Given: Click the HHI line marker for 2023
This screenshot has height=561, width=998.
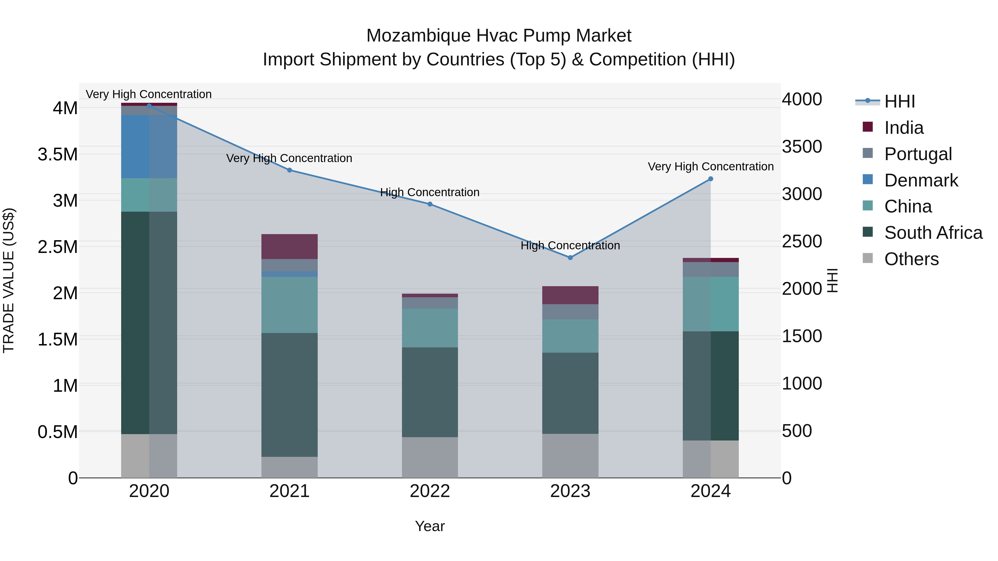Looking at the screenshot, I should pos(570,257).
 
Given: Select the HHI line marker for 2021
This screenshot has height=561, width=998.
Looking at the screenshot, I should pos(289,170).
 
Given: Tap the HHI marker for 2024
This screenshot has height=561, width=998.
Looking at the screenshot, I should pos(711,179).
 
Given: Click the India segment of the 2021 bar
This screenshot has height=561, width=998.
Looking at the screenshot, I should pos(289,246).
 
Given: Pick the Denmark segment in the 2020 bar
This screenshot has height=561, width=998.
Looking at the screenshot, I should pos(149,146).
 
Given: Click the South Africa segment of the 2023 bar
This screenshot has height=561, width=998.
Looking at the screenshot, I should pos(570,393).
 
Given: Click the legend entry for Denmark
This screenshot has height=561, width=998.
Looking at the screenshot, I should pos(921,180).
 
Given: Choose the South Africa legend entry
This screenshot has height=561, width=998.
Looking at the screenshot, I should pos(933,233).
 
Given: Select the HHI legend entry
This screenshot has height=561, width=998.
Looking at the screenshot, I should pos(899,101).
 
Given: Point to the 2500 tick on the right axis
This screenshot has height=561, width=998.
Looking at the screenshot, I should pos(801,241).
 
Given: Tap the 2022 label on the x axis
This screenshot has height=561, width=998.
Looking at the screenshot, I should pos(430,491).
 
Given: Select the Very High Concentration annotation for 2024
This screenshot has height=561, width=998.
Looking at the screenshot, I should pos(711,166).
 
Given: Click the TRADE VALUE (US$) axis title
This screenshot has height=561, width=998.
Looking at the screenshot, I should pos(9,280).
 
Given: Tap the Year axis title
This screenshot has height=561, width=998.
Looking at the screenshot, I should pos(430,526).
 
